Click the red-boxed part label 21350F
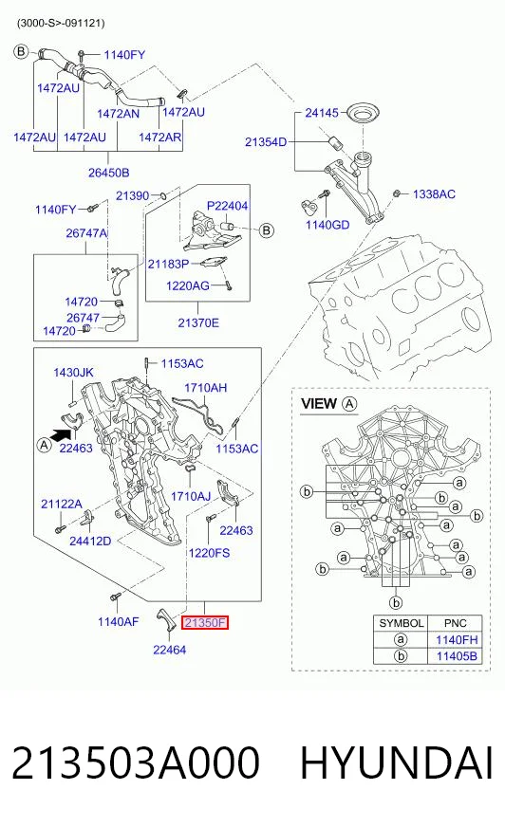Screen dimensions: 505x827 point(205,623)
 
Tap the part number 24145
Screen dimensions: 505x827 point(322,113)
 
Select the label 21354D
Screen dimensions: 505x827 point(266,142)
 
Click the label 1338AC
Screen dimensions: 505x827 point(434,194)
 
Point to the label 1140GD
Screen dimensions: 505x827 point(327,225)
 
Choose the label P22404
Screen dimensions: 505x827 point(227,206)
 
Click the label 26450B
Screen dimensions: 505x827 point(109,173)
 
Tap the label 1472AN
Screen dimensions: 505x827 point(119,114)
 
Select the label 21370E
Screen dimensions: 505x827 point(197,322)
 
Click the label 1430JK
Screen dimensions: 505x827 point(73,373)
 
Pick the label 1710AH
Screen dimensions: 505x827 point(205,388)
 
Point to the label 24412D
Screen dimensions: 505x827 point(90,542)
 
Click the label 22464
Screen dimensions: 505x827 point(169,650)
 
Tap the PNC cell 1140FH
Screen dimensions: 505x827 point(457,640)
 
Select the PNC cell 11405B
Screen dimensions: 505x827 point(457,656)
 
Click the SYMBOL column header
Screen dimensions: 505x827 point(401,623)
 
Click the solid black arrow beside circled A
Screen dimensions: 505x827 point(61,434)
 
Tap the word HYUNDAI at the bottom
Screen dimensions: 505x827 point(397,763)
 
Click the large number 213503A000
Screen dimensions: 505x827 point(136,763)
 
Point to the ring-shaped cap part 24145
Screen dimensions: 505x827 point(364,112)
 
